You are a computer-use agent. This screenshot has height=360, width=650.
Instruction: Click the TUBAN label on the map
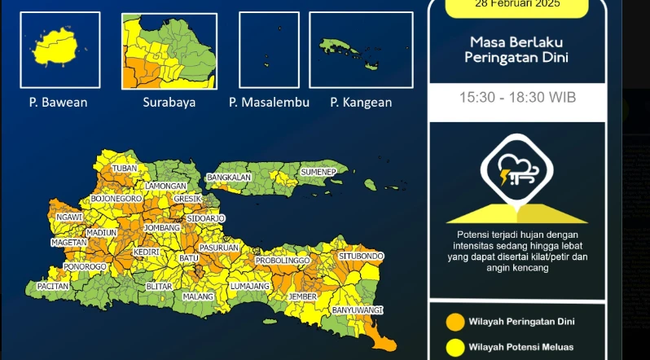[x=125, y=169]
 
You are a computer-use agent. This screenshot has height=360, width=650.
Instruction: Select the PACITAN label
[x=53, y=287]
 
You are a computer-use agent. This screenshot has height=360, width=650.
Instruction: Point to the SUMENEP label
[x=318, y=173]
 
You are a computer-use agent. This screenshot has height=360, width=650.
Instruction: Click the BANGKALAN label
[x=228, y=177]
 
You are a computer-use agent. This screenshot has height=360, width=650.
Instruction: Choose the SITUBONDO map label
[x=361, y=257]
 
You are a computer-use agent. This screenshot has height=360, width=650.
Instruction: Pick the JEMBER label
[x=302, y=296]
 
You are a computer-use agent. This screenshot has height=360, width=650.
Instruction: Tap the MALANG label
[x=197, y=296]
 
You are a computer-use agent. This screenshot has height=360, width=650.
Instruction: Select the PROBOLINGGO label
[x=283, y=261]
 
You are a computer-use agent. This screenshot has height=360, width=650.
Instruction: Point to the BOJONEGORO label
[x=116, y=198]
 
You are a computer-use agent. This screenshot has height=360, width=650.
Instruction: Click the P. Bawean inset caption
[x=59, y=103]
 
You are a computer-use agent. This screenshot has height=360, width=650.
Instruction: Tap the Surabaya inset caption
[x=169, y=103]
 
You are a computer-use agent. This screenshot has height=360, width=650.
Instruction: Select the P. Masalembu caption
[x=267, y=103]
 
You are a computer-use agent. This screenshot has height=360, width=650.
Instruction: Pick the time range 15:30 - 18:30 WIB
[x=517, y=97]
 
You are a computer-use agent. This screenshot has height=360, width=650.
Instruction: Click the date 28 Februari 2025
[x=517, y=3]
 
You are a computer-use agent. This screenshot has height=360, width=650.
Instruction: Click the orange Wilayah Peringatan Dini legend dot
[x=455, y=321]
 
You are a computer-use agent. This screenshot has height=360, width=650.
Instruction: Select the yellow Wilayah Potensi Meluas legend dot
[x=455, y=347]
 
